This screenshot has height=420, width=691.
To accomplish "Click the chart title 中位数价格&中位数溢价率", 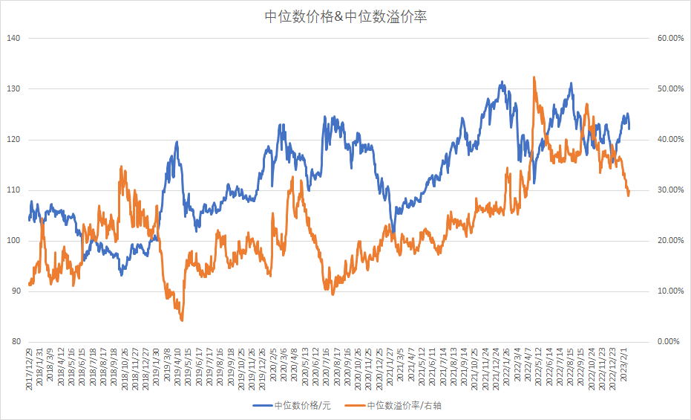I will coord(345,16).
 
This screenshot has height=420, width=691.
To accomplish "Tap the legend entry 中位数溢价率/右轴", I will coord(405,406).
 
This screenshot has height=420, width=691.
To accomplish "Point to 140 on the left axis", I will coord(14,39).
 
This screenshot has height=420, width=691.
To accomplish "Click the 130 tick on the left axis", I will coord(14,89).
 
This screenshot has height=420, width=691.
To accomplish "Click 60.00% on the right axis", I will coord(670,39).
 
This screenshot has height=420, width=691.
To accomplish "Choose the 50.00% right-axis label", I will coord(670,89).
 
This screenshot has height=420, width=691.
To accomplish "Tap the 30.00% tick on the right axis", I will coord(670,190).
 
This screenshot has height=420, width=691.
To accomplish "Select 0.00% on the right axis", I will coord(670,342).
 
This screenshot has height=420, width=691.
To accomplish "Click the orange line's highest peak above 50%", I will coord(534,77).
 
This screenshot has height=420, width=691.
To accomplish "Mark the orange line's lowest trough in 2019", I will coord(182,320).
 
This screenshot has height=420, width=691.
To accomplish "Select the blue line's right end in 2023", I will coord(629,128).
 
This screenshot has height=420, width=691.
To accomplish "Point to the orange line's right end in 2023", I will coord(629,195).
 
